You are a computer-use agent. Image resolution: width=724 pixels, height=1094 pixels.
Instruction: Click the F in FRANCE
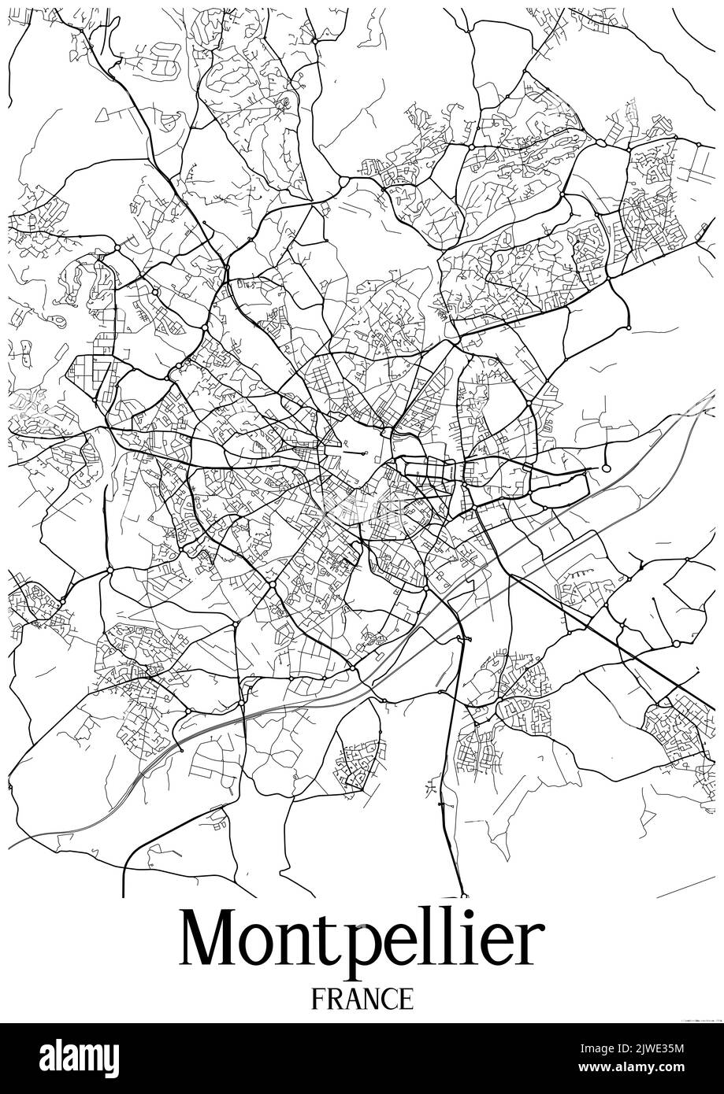(318, 999)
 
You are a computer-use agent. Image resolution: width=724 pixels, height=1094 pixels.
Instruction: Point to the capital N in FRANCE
(372, 999)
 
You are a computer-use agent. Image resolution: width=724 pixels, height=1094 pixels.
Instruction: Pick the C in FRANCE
(390, 999)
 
